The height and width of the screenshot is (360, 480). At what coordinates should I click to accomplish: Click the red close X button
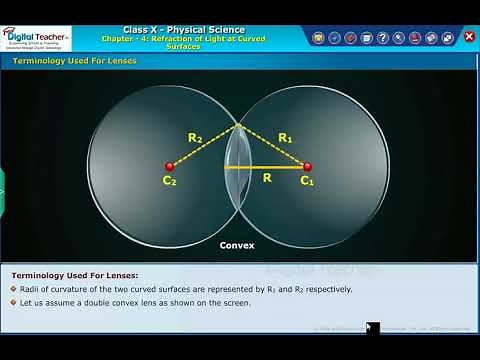coord(469,37)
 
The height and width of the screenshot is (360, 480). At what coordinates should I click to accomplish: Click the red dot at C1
coord(307,167)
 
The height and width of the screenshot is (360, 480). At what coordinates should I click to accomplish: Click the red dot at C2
coord(170,167)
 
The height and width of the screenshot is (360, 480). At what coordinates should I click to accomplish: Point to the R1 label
coord(284,137)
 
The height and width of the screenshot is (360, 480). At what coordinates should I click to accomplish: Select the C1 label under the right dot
coord(307,182)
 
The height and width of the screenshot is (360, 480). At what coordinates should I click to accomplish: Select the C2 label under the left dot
coord(170,182)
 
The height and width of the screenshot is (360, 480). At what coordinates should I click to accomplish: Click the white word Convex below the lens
coord(238,245)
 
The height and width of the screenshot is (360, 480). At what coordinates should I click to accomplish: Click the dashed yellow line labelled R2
coord(205,146)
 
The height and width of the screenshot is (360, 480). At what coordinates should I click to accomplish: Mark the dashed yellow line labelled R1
coord(272,146)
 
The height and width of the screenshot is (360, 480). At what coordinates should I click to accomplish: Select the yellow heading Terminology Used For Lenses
coord(74,62)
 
